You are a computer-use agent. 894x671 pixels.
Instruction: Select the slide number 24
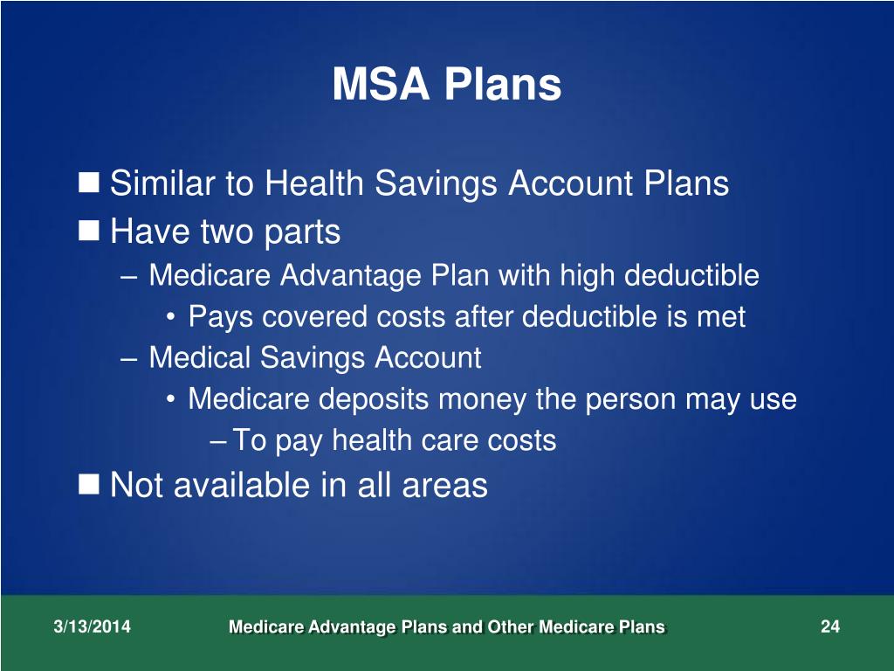tap(829, 626)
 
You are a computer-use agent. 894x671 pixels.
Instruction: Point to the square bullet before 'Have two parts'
tap(89, 231)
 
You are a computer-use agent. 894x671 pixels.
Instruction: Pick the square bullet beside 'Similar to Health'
tap(89, 183)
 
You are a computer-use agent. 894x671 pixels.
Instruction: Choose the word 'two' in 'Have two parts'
tap(225, 232)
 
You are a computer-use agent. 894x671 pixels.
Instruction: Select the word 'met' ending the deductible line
tap(720, 317)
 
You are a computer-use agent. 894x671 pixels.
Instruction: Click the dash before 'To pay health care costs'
tap(219, 441)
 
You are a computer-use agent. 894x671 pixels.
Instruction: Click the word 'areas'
tap(444, 485)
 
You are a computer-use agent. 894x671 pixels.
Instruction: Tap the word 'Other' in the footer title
tap(510, 627)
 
